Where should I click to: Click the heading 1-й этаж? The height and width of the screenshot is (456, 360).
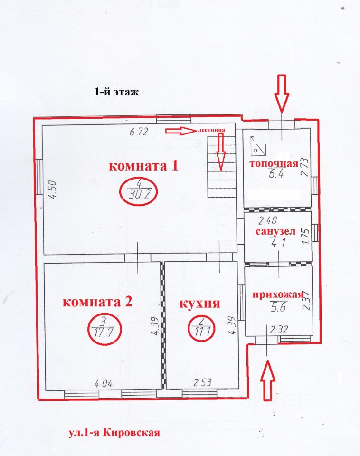tap(116, 92)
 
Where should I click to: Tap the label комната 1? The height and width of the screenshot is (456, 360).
tap(143, 166)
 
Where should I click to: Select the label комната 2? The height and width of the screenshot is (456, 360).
tap(97, 302)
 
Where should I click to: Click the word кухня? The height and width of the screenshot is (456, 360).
tap(199, 304)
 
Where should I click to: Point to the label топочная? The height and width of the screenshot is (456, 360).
tap(274, 164)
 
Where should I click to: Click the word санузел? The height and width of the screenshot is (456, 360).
tap(275, 232)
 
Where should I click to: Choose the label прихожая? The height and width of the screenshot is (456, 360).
tap(278, 294)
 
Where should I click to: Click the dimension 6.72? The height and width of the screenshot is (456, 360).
tap(139, 132)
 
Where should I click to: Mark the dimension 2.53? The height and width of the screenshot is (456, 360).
tap(202, 382)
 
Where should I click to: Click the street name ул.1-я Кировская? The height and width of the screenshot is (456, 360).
tap(114, 432)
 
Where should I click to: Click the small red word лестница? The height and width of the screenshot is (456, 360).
tap(211, 130)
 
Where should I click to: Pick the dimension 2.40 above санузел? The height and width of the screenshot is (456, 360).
tap(267, 221)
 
